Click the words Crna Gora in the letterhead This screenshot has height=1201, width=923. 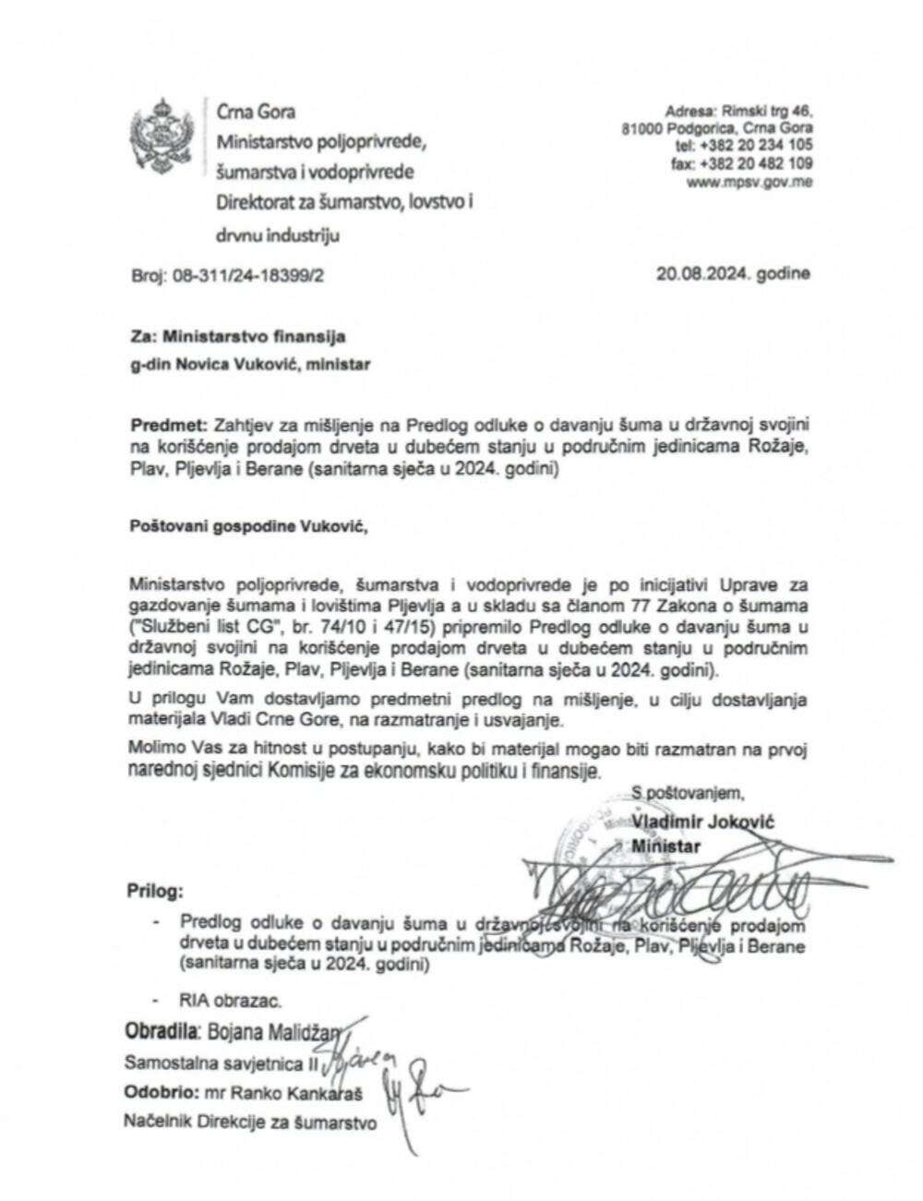[256, 112]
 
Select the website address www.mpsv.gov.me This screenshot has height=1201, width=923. [749, 183]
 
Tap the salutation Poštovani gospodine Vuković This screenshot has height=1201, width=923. [247, 528]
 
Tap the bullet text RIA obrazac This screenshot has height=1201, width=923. [230, 1000]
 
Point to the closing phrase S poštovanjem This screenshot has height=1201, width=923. [687, 792]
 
